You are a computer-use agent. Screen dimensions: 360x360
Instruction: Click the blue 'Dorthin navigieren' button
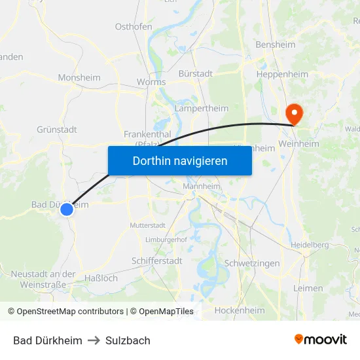(x=180, y=160)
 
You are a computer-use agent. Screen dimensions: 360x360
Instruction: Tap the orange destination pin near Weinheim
(x=295, y=114)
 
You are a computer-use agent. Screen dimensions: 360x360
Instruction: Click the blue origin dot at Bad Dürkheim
(x=67, y=209)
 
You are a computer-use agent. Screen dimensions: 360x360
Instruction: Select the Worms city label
(x=151, y=82)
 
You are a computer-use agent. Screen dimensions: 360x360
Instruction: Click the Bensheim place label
(x=275, y=45)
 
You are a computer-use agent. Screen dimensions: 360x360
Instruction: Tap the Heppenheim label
(x=281, y=75)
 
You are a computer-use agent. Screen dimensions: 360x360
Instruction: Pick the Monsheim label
(x=79, y=77)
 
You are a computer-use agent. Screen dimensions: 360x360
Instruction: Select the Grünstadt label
(x=57, y=129)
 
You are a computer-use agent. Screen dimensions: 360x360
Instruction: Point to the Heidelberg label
(x=309, y=245)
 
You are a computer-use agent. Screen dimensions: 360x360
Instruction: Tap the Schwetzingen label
(x=252, y=263)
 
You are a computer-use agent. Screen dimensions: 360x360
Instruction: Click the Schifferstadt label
(x=156, y=261)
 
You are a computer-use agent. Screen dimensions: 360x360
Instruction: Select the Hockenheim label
(x=240, y=310)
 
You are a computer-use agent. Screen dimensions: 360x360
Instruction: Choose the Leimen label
(x=308, y=288)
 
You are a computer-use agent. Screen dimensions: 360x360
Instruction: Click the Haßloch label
(x=101, y=278)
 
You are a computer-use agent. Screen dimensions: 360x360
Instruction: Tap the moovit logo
(x=320, y=340)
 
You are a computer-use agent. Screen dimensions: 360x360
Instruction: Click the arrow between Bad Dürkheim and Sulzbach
(x=94, y=340)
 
